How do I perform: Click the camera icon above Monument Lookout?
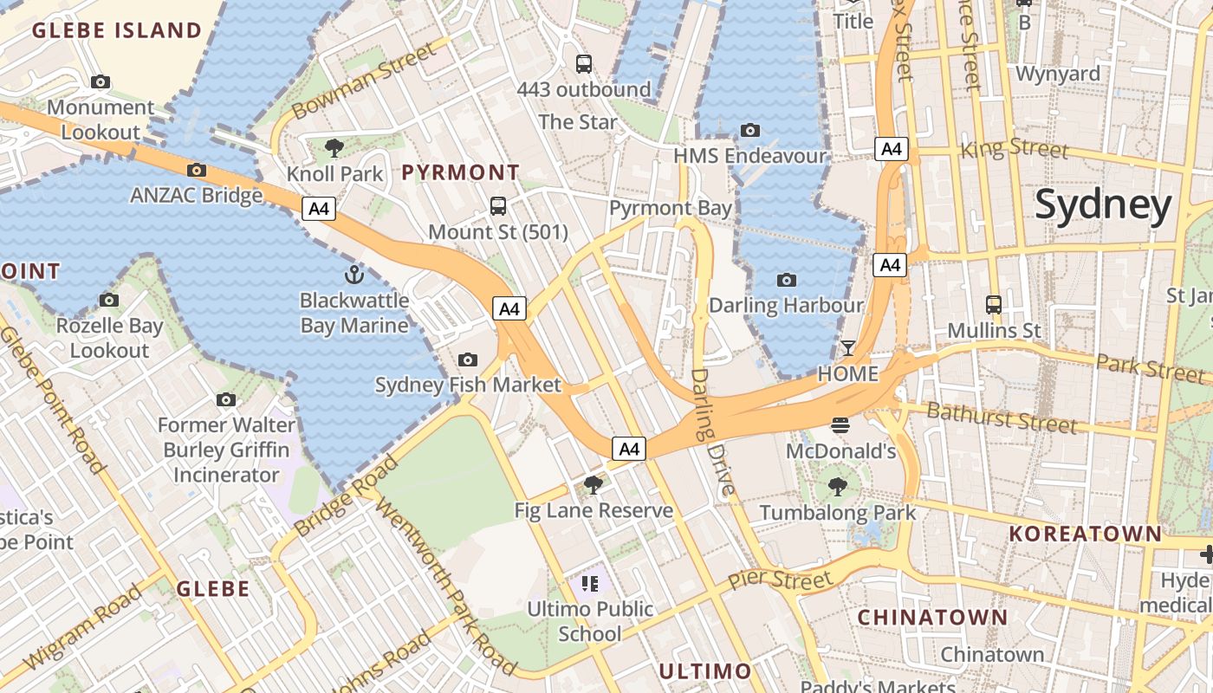101,82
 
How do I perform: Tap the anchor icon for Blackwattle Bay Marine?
354,275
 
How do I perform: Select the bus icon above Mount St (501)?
498,206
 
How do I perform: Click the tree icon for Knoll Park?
334,148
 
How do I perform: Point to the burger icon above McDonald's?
840,424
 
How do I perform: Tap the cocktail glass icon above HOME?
848,348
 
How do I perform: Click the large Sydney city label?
1103,205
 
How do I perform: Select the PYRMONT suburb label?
461,172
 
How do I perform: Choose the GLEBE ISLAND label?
117,31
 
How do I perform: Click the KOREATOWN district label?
1085,534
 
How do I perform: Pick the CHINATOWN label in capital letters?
932,618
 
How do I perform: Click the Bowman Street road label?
363,81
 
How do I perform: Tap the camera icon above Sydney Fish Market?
468,359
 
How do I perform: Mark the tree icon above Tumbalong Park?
837,486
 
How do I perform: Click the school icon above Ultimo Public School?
591,583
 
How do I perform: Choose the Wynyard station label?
1057,74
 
